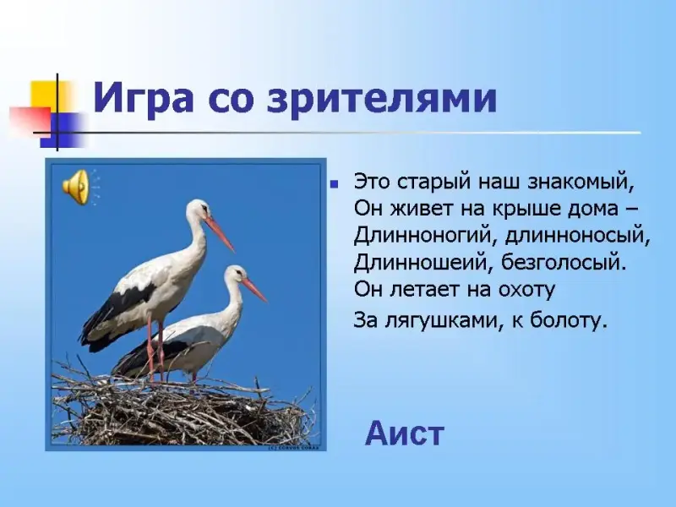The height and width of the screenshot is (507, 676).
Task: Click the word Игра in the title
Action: pos(143,100)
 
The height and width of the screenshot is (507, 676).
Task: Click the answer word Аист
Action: pos(405,433)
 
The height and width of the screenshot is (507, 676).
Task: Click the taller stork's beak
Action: pos(219,234)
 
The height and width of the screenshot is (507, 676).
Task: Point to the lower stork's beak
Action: pos(254,290)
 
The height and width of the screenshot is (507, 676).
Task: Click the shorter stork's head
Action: pos(235,275)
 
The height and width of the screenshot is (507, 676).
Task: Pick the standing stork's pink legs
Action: pos(155,349)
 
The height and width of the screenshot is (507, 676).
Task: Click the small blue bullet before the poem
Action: pos(333,184)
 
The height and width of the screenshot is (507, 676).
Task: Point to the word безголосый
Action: pos(563,263)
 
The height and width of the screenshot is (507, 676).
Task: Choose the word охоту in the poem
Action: pos(526,290)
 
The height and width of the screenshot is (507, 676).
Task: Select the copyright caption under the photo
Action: pos(294,448)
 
